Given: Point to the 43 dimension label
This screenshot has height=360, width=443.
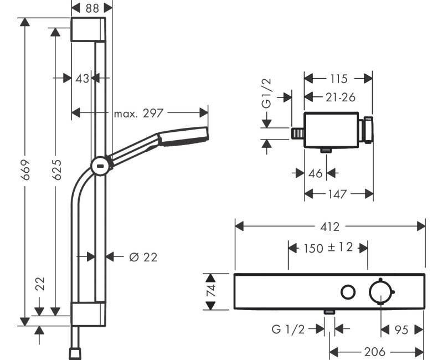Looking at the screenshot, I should pyautogui.click(x=82, y=79).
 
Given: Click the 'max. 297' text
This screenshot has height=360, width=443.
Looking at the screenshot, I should pyautogui.click(x=138, y=113).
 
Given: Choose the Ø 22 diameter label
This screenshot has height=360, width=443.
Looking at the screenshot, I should pyautogui.click(x=143, y=257).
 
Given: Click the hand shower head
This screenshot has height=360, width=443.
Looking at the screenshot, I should pyautogui.click(x=183, y=137).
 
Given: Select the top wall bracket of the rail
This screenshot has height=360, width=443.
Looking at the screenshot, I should pyautogui.click(x=87, y=29).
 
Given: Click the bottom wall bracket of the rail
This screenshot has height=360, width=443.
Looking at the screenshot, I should pyautogui.click(x=87, y=315).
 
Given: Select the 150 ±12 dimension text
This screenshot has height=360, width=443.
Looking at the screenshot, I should pyautogui.click(x=328, y=248).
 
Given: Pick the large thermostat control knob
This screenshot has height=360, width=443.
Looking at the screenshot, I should pyautogui.click(x=381, y=292).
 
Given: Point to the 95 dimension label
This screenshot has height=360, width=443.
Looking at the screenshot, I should pyautogui.click(x=402, y=330).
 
